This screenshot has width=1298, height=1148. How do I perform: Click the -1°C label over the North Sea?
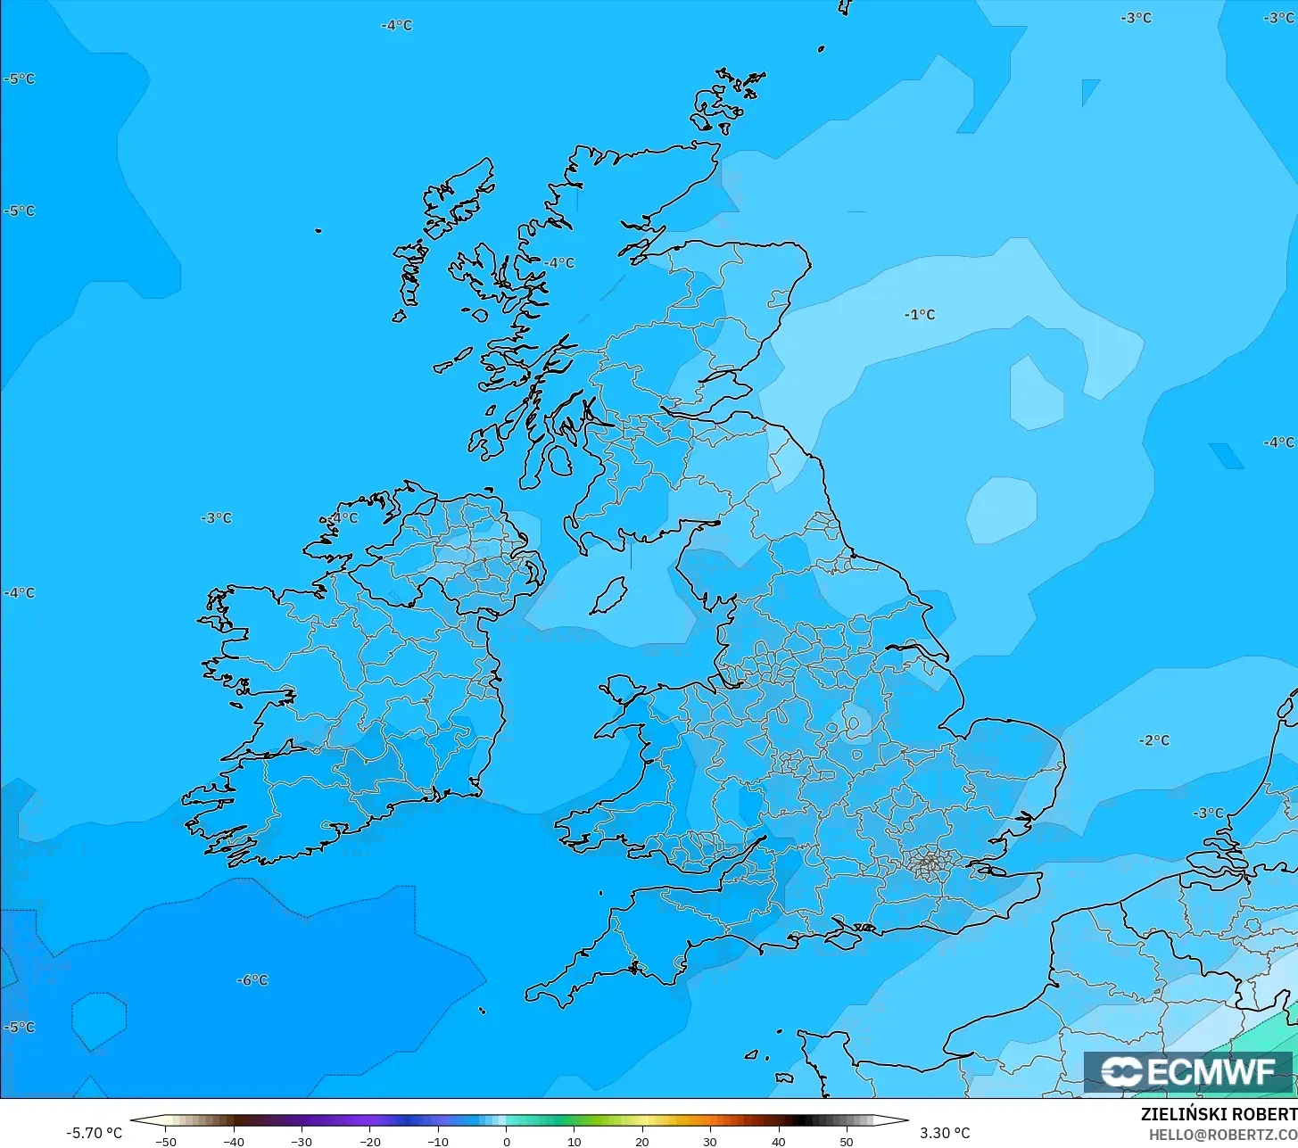click(x=920, y=315)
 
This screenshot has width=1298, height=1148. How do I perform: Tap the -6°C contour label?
click(x=252, y=980)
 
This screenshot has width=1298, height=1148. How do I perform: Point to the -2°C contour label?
click(x=1154, y=740)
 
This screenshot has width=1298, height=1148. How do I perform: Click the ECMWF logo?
click(x=1187, y=1071)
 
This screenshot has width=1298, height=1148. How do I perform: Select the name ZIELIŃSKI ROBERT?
click(x=1219, y=1114)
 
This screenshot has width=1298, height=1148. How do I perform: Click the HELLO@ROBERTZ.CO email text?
click(x=1222, y=1134)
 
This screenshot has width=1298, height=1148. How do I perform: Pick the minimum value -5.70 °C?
click(x=94, y=1133)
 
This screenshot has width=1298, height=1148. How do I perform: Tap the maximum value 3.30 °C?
click(x=945, y=1133)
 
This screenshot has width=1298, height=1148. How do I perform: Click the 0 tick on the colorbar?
click(x=506, y=1141)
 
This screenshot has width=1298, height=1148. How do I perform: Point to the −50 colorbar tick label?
click(x=165, y=1141)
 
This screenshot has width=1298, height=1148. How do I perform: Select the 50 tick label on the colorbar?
click(x=846, y=1141)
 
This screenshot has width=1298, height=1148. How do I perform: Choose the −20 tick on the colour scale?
click(x=369, y=1141)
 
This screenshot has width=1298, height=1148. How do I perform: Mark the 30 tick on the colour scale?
click(x=710, y=1141)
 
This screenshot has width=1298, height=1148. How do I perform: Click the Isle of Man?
click(x=610, y=595)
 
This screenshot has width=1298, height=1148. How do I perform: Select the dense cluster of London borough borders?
click(x=929, y=863)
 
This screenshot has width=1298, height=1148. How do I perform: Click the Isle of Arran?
click(x=558, y=459)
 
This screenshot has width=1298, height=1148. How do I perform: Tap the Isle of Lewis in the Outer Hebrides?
click(x=455, y=201)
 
